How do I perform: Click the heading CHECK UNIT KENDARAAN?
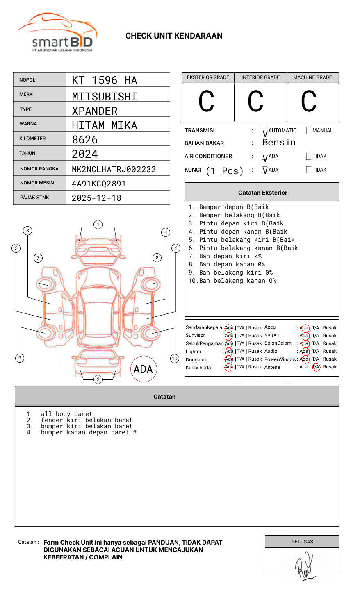(174, 36)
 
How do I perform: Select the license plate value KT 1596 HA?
(105, 80)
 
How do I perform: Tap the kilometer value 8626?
(85, 140)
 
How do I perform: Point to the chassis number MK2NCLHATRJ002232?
(114, 169)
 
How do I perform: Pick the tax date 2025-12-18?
(97, 198)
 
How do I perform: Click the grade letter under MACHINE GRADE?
(309, 102)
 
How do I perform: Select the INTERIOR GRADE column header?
(260, 77)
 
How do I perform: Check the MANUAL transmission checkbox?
(309, 131)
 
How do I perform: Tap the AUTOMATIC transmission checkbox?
(265, 131)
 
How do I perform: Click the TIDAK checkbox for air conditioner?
(309, 157)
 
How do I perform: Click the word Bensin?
(279, 143)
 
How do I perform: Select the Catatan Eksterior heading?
(262, 193)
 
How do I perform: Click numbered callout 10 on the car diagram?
(175, 359)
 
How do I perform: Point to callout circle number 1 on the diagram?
(98, 225)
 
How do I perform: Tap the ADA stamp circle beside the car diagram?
(144, 369)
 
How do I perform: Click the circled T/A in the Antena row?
(316, 367)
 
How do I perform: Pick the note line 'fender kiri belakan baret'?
(87, 420)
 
